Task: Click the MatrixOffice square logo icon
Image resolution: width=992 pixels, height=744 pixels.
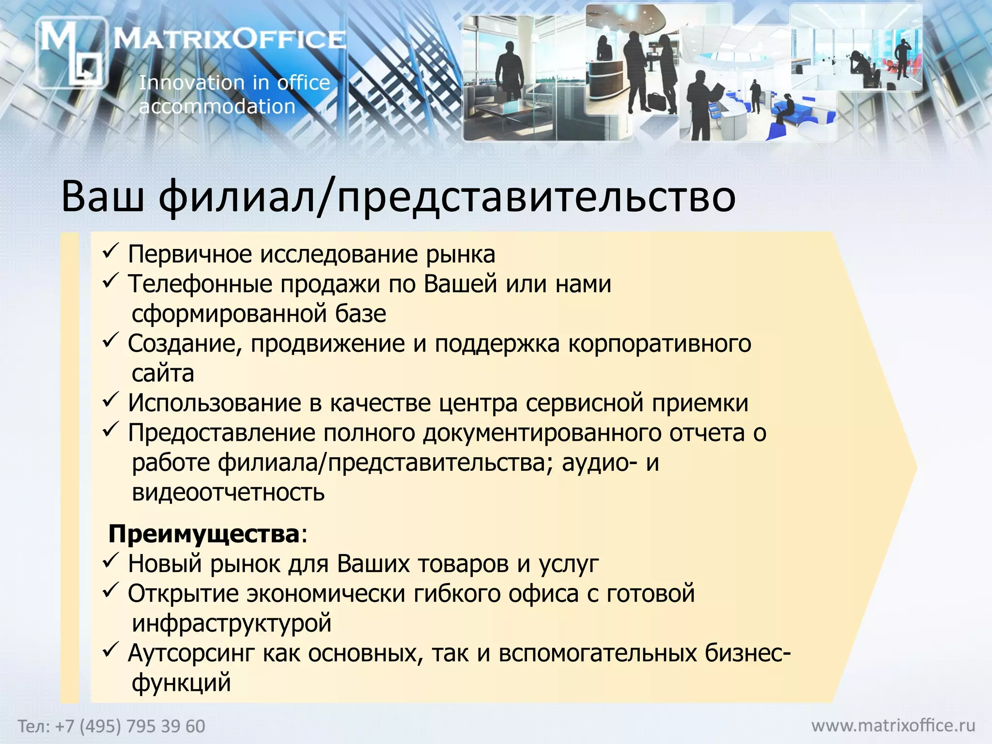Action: point(72,52)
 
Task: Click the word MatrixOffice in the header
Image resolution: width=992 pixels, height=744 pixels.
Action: point(230,39)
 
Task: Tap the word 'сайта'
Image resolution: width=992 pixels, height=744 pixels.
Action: point(163,373)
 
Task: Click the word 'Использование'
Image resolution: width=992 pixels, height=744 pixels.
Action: point(215,403)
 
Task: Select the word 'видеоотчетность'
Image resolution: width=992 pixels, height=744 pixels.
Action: point(228,493)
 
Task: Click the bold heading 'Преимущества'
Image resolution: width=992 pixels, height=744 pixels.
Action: point(204,534)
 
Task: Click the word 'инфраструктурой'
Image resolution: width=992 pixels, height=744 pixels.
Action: point(232,623)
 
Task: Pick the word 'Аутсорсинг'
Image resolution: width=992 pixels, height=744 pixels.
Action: point(191,653)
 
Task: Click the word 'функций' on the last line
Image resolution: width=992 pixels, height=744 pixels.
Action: point(181,683)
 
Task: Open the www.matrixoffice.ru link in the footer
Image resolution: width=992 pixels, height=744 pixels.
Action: point(893,726)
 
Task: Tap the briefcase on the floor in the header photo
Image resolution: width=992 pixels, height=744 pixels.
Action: point(657,102)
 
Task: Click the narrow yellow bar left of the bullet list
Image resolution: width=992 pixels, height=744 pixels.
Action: point(70,467)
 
